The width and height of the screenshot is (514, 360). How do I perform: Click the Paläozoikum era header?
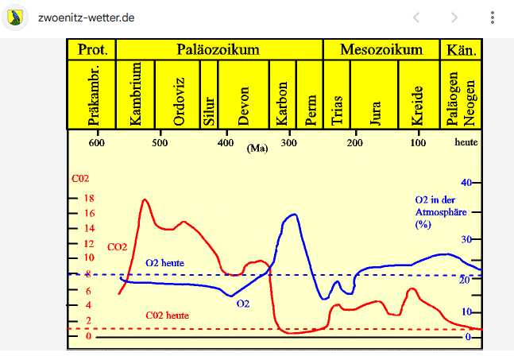pos(218,49)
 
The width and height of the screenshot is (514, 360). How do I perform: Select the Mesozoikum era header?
pos(381,49)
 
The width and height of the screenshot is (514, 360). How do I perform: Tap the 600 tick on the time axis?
pos(96,143)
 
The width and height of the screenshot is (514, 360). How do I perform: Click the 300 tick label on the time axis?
pos(289,143)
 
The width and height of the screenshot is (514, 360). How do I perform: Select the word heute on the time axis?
pos(466,143)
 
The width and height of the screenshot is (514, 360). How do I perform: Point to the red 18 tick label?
pos(89,198)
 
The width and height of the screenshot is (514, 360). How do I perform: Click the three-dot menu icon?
pos(493,17)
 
